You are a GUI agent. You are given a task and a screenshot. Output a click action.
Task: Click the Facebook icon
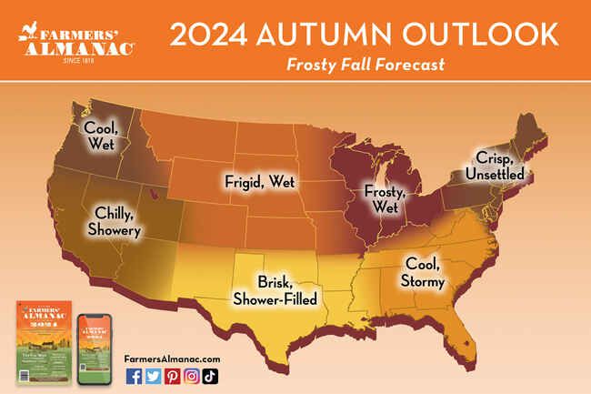pyautogui.click(x=134, y=376)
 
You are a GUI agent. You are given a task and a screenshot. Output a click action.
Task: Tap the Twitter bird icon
pyautogui.click(x=153, y=376)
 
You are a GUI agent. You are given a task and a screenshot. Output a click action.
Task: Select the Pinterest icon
pyautogui.click(x=172, y=376)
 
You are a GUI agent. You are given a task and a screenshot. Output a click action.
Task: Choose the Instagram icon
pyautogui.click(x=191, y=376)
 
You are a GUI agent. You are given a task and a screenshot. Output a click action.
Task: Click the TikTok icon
pyautogui.click(x=210, y=376)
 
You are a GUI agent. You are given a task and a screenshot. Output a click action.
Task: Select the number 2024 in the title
pyautogui.click(x=209, y=34)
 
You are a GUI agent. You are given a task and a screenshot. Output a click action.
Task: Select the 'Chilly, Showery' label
pyautogui.click(x=115, y=222)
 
